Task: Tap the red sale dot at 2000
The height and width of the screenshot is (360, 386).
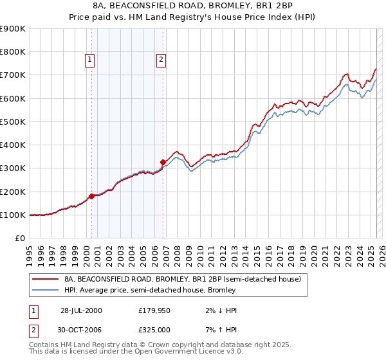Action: [91, 196]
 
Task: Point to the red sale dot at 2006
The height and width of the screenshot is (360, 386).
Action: [163, 162]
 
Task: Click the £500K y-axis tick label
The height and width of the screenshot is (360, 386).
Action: [12, 122]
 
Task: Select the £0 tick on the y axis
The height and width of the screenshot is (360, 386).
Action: [20, 239]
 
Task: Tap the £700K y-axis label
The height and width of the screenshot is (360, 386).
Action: [12, 75]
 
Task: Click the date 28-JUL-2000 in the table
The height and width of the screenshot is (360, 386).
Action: [81, 310]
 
